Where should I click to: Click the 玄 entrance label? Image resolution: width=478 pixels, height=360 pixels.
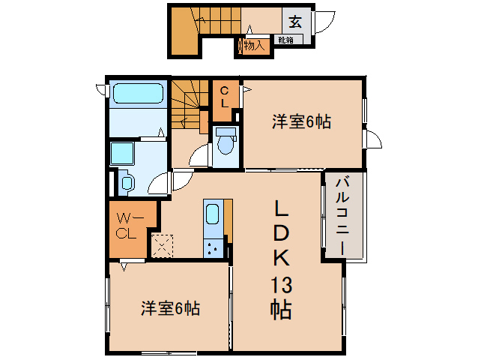click(294, 21)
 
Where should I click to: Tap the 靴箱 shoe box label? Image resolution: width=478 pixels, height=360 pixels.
click(285, 40)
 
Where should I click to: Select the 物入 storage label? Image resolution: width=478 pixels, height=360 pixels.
click(254, 46)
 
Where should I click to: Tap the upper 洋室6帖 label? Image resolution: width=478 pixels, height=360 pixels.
click(301, 119)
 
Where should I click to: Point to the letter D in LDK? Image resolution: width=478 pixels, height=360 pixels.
click(281, 233)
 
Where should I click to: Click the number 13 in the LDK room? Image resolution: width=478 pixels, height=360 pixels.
click(281, 285)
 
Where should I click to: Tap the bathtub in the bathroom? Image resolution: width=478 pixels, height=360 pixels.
click(138, 95)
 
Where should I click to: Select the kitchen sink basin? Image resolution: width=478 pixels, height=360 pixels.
click(212, 213)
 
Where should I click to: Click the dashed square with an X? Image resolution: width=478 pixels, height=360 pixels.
click(163, 245)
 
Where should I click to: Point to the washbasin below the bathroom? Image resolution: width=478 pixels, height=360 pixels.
click(126, 182)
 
